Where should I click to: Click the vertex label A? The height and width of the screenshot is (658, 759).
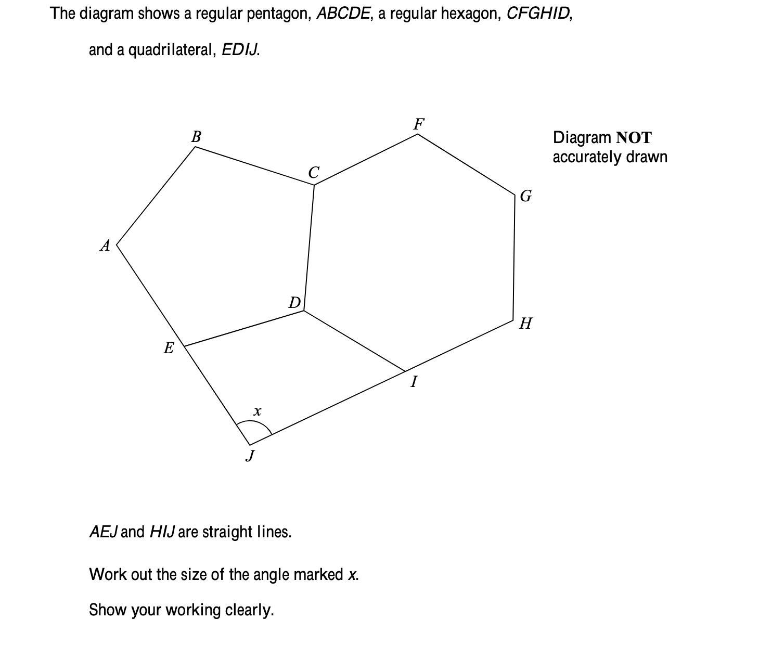point(105,246)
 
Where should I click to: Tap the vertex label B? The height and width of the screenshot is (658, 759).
point(196,137)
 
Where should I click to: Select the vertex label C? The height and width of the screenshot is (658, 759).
point(313,172)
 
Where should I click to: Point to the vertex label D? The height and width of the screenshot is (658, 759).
point(295,302)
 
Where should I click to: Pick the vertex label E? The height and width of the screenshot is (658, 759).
point(169,348)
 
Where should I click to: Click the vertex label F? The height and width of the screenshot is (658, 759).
point(419,124)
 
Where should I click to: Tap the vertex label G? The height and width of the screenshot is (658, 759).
point(526,196)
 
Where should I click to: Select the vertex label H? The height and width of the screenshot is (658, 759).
point(525,324)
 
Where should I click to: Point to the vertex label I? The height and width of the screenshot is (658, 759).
point(414,382)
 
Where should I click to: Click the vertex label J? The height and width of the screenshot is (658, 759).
point(251,456)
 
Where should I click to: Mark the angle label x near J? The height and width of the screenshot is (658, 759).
point(257,411)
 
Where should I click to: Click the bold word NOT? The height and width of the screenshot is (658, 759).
point(633,138)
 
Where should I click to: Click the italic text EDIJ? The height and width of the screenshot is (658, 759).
point(240,50)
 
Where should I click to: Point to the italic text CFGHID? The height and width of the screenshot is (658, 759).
point(538,14)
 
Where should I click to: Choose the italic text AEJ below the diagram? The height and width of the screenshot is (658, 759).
point(104,532)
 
